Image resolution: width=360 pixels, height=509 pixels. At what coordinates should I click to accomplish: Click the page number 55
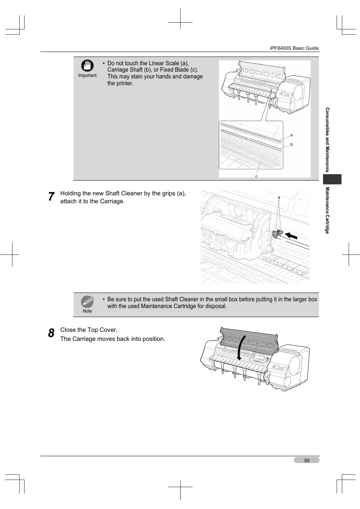[x=307, y=460]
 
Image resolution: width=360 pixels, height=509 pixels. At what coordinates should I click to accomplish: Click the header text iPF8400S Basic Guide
[x=294, y=48]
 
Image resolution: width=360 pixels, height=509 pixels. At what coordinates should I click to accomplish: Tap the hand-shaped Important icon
[x=87, y=66]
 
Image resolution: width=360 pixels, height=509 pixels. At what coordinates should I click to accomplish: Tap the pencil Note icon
[x=87, y=302]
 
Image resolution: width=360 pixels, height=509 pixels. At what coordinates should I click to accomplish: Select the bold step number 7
[x=51, y=197]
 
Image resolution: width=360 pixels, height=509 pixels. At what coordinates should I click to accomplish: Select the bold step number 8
[x=51, y=333]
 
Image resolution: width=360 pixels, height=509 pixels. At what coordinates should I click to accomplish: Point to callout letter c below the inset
[x=256, y=176]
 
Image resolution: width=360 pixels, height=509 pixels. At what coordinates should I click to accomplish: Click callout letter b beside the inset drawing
[x=291, y=144]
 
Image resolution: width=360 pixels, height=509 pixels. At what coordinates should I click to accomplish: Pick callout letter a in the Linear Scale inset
[x=291, y=135]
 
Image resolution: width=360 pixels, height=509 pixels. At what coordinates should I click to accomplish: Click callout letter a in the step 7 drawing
[x=279, y=198]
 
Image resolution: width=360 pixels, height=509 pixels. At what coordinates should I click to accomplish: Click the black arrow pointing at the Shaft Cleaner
[x=291, y=236]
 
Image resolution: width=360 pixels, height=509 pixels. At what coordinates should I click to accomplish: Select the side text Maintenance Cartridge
[x=327, y=210]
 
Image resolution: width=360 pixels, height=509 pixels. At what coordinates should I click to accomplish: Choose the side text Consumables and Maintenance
[x=327, y=140]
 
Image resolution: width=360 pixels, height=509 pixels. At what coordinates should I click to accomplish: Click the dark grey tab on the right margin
[x=332, y=179]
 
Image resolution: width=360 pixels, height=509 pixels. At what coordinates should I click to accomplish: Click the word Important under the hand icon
[x=87, y=75]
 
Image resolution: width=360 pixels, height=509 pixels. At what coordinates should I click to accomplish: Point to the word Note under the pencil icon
[x=87, y=311]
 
